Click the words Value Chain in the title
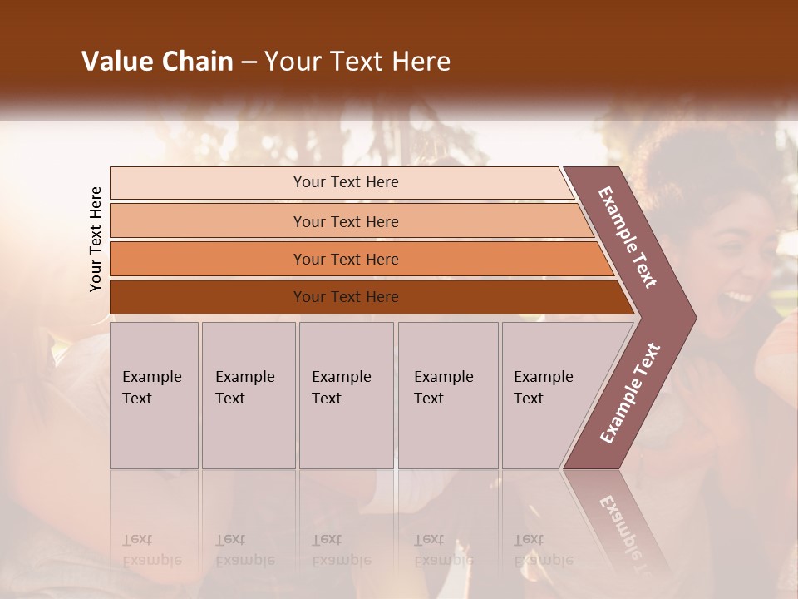point(157,62)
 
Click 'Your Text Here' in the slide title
point(357,62)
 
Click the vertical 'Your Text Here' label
point(96,239)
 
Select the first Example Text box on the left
point(154,395)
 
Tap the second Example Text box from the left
point(249,395)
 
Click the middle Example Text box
point(346,395)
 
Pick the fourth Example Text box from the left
point(448,395)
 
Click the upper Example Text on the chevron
point(628,237)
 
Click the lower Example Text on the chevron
point(630,394)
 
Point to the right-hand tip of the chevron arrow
point(694,317)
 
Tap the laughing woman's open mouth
point(738,297)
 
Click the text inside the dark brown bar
point(346,297)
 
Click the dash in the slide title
point(249,62)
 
